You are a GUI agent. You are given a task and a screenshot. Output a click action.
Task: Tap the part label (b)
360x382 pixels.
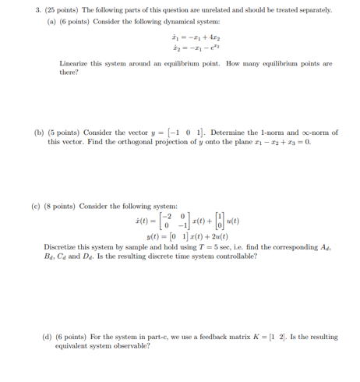coord(38,133)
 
